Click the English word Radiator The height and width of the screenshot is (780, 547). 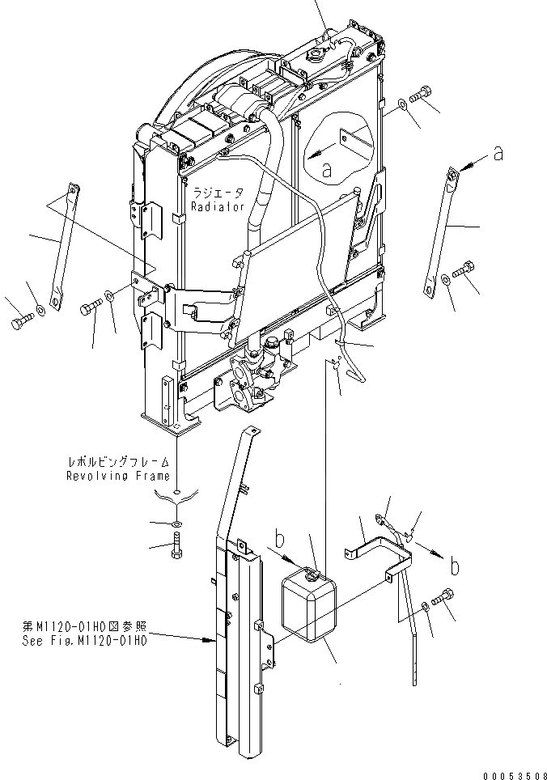[218, 207]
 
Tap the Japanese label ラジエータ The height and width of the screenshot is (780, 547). [218, 194]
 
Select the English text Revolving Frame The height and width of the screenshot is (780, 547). [118, 476]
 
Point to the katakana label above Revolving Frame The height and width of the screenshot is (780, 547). [119, 462]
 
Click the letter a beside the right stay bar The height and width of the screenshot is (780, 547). [498, 153]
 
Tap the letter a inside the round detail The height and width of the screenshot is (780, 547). [327, 170]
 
